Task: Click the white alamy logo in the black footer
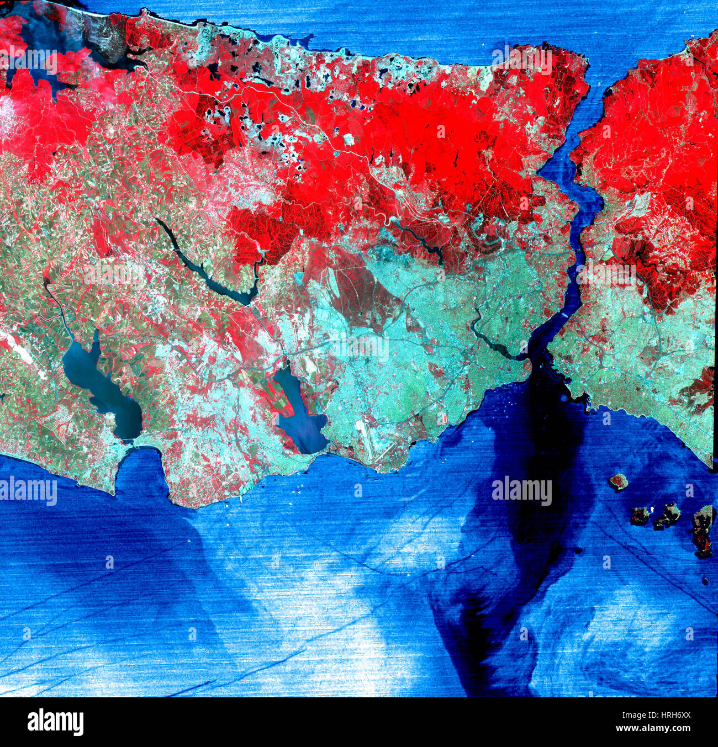point(55,722)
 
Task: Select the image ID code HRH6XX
point(668,715)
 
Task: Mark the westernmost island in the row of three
point(640,515)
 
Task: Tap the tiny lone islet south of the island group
point(705,580)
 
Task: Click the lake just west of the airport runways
point(301,414)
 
